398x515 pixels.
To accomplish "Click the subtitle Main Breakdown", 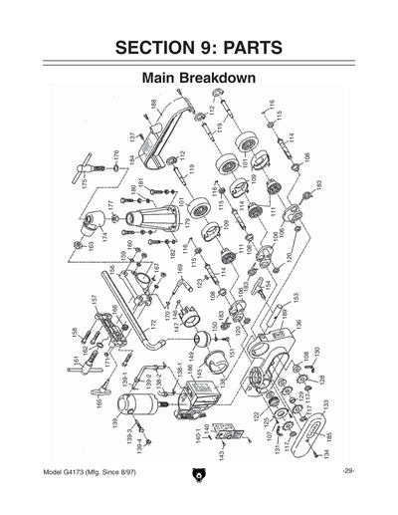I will point(199,77).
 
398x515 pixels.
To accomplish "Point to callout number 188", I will point(153,106).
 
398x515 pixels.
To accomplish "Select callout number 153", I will point(296,296).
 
